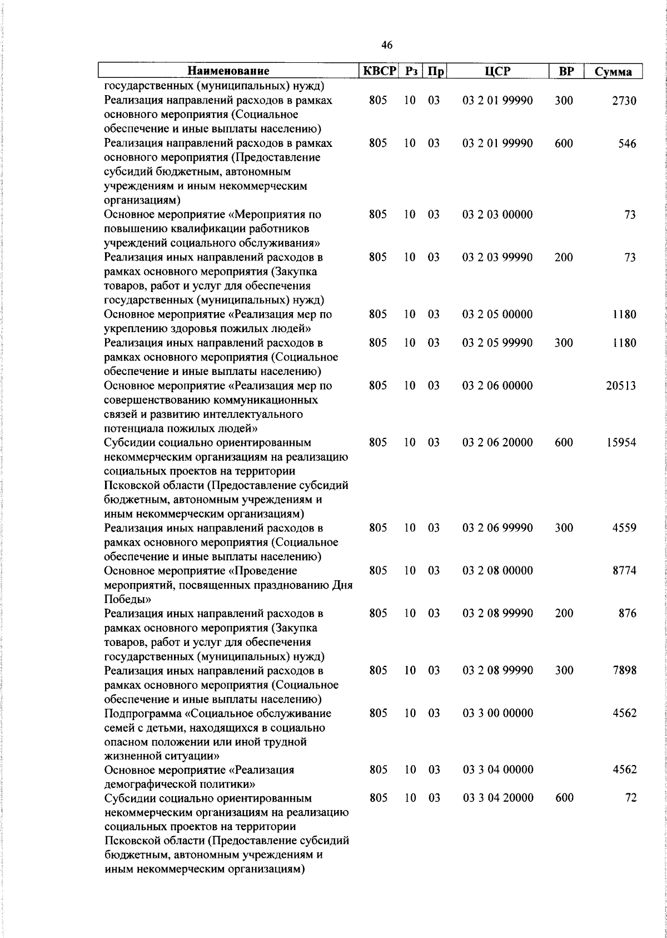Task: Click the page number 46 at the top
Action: (x=387, y=45)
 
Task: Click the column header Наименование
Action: (x=228, y=71)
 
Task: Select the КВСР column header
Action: (x=380, y=71)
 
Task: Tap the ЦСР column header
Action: (x=497, y=71)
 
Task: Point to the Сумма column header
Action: (x=613, y=72)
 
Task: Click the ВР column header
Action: (x=565, y=71)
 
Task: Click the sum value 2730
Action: (x=624, y=101)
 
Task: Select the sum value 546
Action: (x=627, y=144)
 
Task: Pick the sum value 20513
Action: (x=620, y=386)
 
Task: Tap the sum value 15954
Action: (x=620, y=443)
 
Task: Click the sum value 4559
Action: (x=624, y=528)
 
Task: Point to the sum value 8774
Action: (x=624, y=571)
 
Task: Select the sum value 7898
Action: (x=624, y=670)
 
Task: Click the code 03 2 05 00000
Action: (x=497, y=314)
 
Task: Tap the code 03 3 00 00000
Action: (x=497, y=713)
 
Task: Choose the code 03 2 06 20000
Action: (x=497, y=443)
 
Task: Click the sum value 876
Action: (x=627, y=614)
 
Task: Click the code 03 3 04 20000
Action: (x=497, y=798)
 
